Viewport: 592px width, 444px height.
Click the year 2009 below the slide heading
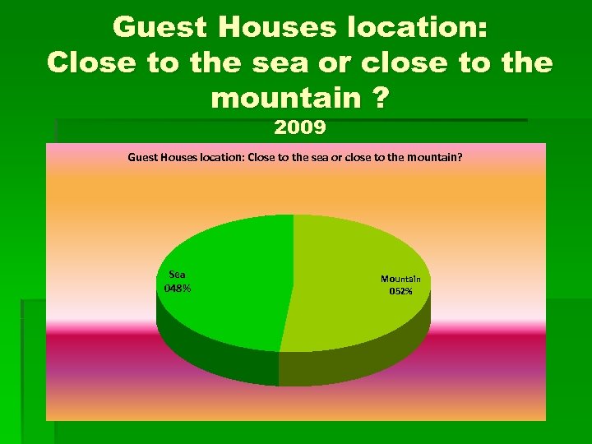[300, 127]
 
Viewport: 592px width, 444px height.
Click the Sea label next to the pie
[177, 275]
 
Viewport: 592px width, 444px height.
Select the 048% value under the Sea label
[178, 288]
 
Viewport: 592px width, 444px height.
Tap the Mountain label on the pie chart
[400, 279]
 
